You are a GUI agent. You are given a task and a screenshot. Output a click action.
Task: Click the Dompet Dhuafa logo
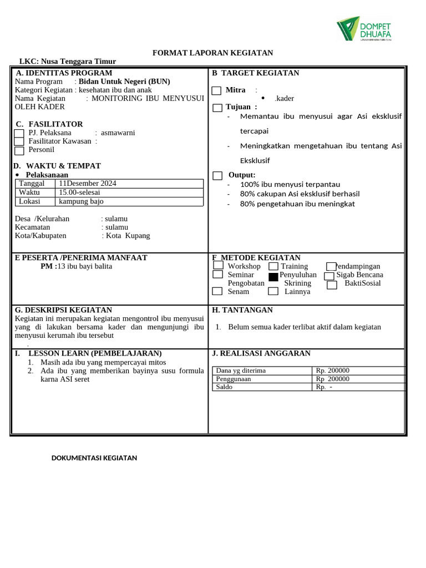364,28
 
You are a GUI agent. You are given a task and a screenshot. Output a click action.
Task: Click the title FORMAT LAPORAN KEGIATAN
213,53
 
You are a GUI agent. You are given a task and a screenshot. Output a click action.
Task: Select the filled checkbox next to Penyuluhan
273,277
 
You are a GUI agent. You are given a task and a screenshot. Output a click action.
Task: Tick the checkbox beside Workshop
218,266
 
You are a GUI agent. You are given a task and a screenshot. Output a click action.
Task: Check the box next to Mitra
216,91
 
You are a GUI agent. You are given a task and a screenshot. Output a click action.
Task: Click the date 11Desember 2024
88,184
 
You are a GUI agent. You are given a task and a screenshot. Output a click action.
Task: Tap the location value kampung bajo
82,201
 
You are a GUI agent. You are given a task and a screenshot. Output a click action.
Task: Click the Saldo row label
224,387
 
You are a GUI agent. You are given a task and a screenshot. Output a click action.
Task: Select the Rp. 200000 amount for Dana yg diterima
333,371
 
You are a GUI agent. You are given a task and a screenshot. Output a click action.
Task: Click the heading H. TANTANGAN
242,310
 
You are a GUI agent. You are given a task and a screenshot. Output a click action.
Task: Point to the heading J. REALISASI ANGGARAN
261,353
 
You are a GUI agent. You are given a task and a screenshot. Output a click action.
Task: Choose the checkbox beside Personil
19,151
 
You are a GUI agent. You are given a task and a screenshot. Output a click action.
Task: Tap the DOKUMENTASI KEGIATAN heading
94,458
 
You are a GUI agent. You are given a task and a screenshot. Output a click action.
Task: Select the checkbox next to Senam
217,291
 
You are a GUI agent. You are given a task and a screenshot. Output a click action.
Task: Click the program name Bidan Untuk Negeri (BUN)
124,82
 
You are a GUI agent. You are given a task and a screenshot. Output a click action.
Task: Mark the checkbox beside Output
217,176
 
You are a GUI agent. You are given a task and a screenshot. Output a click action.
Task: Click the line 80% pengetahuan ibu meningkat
297,204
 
